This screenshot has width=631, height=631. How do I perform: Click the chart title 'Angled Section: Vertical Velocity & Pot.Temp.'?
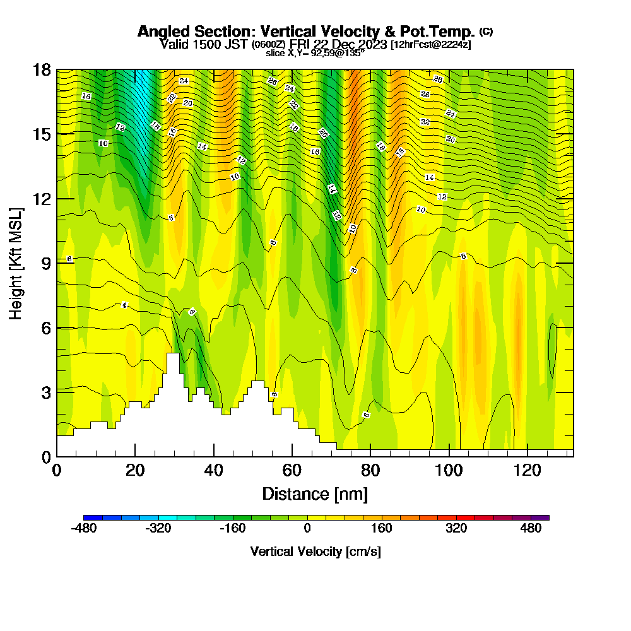pyautogui.click(x=306, y=32)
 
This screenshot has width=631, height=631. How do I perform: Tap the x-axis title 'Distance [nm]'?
pyautogui.click(x=315, y=493)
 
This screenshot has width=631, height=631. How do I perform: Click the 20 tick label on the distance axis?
pyautogui.click(x=135, y=470)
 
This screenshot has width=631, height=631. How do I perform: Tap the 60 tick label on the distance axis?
pyautogui.click(x=292, y=470)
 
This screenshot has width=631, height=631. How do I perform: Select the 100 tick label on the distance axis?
pyautogui.click(x=449, y=470)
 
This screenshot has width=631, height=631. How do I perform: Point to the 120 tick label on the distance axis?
pyautogui.click(x=527, y=470)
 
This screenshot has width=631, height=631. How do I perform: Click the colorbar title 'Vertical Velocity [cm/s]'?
pyautogui.click(x=315, y=551)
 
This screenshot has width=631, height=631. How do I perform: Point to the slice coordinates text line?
pyautogui.click(x=315, y=53)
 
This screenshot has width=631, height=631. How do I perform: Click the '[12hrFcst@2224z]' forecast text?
pyautogui.click(x=430, y=45)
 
